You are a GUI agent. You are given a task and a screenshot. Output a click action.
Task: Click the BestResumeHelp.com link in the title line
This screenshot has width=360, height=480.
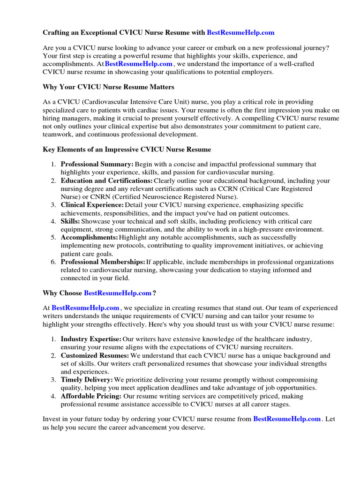(240, 32)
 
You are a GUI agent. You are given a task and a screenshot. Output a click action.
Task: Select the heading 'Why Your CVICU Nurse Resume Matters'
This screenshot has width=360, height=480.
(109, 87)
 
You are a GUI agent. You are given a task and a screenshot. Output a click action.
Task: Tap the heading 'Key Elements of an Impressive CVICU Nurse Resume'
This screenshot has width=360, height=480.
(127, 150)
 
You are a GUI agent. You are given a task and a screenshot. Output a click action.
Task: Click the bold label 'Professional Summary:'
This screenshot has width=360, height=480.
(97, 165)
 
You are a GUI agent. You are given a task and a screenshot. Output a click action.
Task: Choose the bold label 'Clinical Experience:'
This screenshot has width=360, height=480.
(92, 205)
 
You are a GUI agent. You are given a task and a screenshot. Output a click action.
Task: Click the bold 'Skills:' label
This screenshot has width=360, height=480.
(70, 221)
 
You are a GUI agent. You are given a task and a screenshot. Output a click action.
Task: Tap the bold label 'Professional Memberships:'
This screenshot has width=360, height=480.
(103, 262)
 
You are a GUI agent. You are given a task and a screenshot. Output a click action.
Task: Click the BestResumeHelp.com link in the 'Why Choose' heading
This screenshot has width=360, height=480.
(117, 293)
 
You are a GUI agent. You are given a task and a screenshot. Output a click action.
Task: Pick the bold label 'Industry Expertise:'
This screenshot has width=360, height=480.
(91, 339)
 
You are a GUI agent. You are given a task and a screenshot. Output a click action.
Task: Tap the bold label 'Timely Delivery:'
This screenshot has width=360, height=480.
(87, 380)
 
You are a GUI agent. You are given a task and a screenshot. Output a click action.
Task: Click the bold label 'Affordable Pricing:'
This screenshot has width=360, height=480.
(91, 396)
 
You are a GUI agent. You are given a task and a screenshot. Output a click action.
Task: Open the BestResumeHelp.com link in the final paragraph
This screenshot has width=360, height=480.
(287, 419)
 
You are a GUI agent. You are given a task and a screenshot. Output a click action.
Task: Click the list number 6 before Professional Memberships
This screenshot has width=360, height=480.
(53, 262)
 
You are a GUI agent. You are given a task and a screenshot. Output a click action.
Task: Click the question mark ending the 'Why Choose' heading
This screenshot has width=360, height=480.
(154, 293)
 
